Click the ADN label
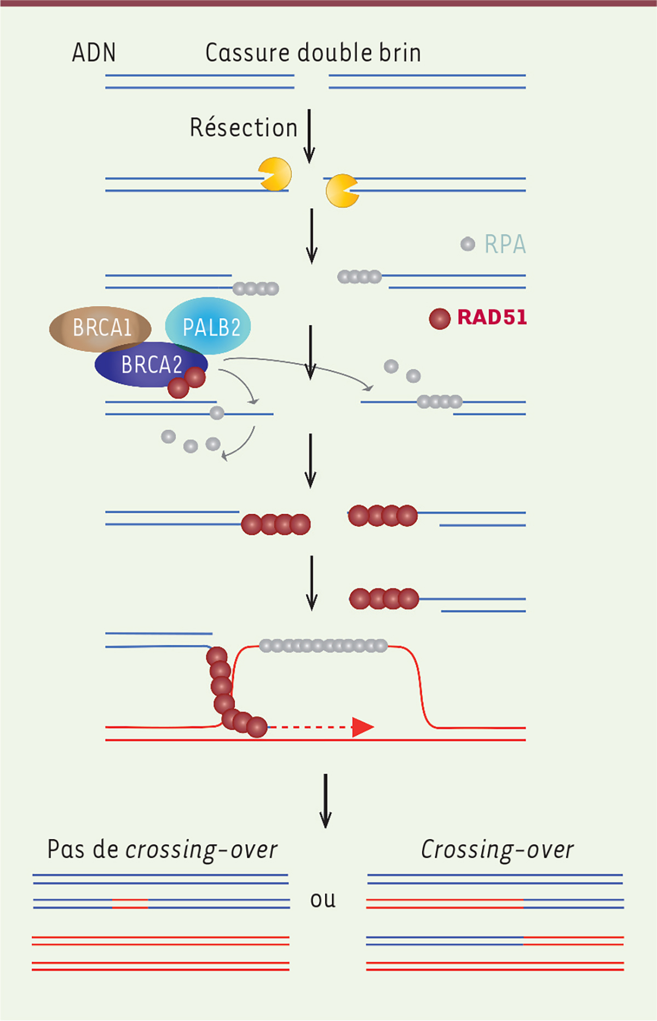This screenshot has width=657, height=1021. pyautogui.click(x=94, y=53)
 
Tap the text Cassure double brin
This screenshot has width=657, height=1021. pyautogui.click(x=313, y=53)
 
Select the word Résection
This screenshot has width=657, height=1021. pyautogui.click(x=244, y=127)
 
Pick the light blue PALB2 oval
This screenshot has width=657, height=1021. pyautogui.click(x=208, y=326)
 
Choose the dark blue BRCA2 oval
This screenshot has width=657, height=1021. pyautogui.click(x=151, y=365)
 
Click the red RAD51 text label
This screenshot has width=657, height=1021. pyautogui.click(x=492, y=317)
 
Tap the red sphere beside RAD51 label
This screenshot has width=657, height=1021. pyautogui.click(x=440, y=318)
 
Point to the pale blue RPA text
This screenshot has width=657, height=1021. pyautogui.click(x=505, y=244)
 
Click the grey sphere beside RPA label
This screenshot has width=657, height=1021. pyautogui.click(x=468, y=244)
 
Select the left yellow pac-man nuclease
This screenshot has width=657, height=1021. pyautogui.click(x=275, y=174)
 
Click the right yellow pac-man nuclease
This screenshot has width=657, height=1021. pyautogui.click(x=342, y=191)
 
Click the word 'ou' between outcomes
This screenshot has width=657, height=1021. pyautogui.click(x=323, y=899)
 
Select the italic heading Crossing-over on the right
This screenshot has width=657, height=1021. pyautogui.click(x=497, y=850)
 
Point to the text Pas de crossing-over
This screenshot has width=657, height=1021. pyautogui.click(x=163, y=850)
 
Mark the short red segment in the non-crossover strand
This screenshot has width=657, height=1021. pyautogui.click(x=130, y=904)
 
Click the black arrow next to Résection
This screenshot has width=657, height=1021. pyautogui.click(x=309, y=136)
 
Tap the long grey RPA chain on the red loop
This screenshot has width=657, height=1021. pyautogui.click(x=324, y=646)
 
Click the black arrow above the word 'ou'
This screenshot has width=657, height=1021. pyautogui.click(x=326, y=801)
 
